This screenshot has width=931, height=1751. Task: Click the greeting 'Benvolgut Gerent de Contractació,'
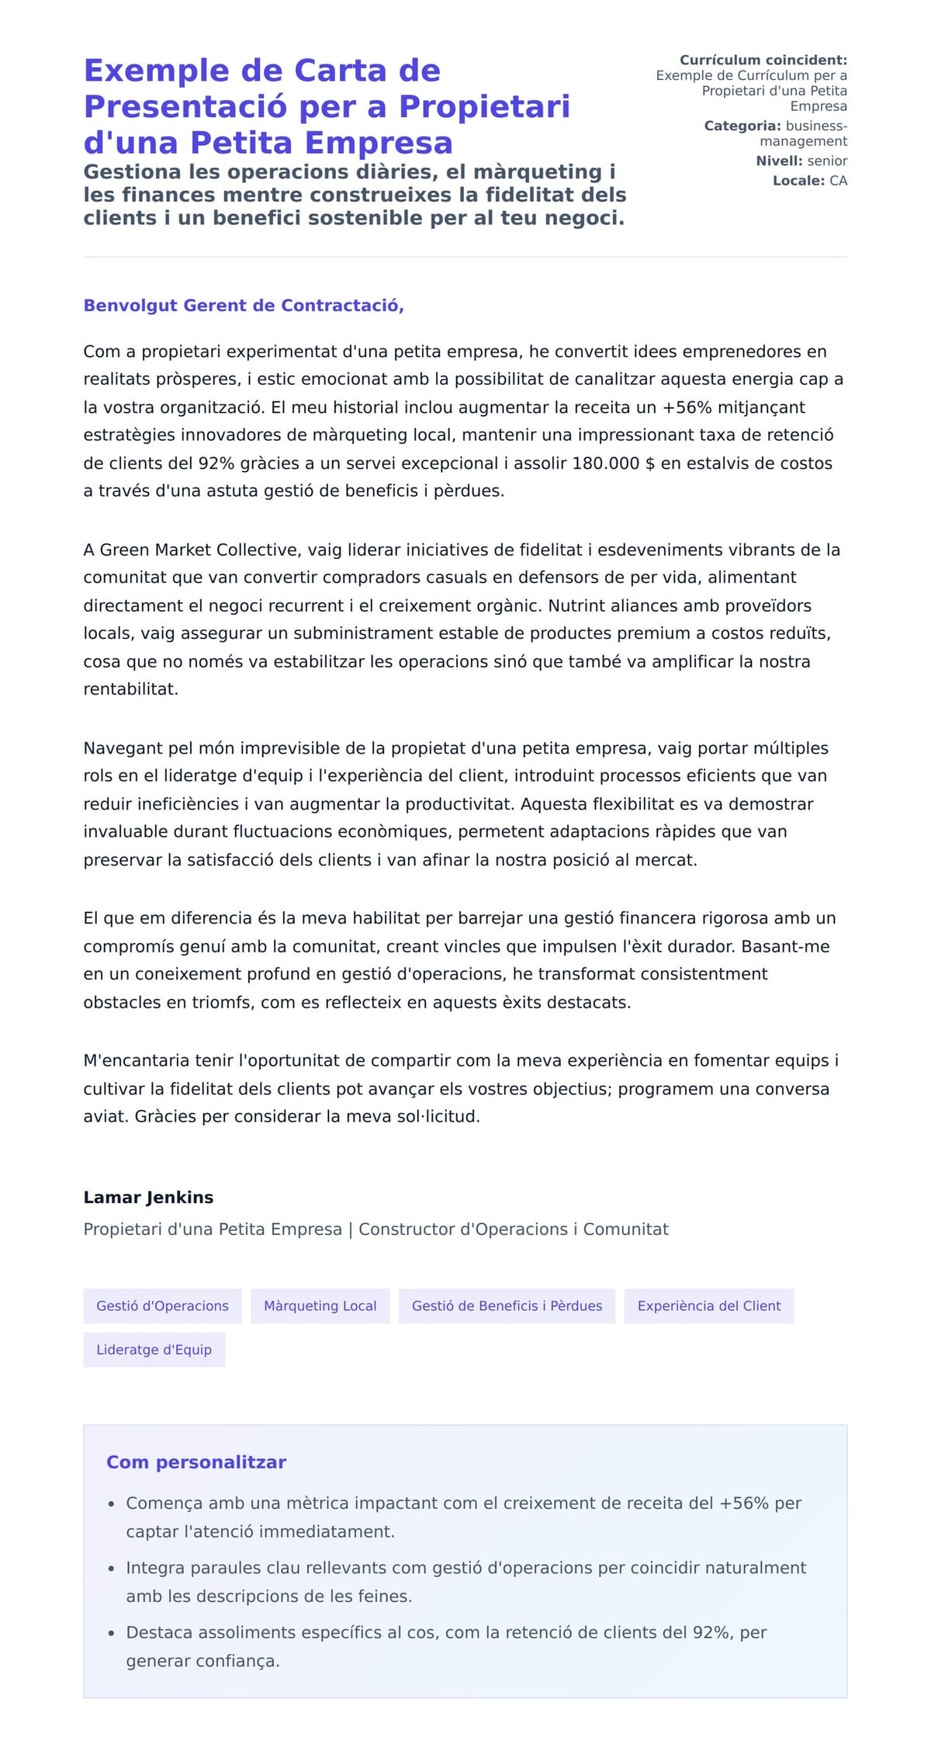pyautogui.click(x=244, y=305)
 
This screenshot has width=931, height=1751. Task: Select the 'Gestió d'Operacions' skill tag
pyautogui.click(x=162, y=1305)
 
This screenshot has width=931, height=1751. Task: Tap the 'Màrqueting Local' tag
pyautogui.click(x=320, y=1305)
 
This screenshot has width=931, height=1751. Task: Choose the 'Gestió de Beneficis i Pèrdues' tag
pyautogui.click(x=507, y=1305)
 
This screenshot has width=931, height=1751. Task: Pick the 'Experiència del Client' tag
pyautogui.click(x=708, y=1305)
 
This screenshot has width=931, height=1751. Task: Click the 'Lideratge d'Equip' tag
pyautogui.click(x=154, y=1349)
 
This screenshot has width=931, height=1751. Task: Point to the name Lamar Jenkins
pyautogui.click(x=148, y=1197)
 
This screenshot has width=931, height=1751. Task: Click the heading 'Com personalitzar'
pyautogui.click(x=196, y=1461)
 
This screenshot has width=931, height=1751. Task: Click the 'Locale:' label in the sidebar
pyautogui.click(x=798, y=181)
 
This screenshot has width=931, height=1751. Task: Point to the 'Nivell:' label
pyautogui.click(x=779, y=161)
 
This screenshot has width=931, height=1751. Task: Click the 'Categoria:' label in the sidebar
pyautogui.click(x=742, y=126)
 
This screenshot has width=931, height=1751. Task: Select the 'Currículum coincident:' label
pyautogui.click(x=763, y=60)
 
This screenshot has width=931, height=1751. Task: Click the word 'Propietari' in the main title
pyautogui.click(x=484, y=106)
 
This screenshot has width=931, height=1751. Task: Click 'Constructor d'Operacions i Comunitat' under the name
pyautogui.click(x=513, y=1229)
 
